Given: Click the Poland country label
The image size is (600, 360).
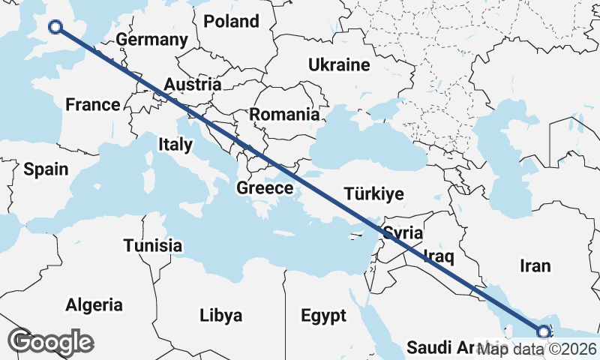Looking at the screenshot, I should pyautogui.click(x=231, y=21).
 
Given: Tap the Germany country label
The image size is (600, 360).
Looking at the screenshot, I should pyautogui.click(x=152, y=40).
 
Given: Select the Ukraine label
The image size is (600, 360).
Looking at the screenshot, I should pyautogui.click(x=339, y=65).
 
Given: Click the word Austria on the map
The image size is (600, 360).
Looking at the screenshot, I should pyautogui.click(x=193, y=84).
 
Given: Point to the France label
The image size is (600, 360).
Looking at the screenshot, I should pyautogui.click(x=92, y=104).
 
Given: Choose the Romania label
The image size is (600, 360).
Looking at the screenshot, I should pyautogui.click(x=284, y=115).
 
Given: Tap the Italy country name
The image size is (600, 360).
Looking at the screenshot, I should pyautogui.click(x=175, y=144).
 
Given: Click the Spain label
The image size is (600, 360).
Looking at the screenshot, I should pyautogui.click(x=46, y=169).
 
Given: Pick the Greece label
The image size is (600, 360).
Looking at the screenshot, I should pyautogui.click(x=264, y=187).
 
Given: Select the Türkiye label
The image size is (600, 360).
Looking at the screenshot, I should pyautogui.click(x=373, y=194).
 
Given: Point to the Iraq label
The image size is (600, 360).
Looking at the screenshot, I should pyautogui.click(x=439, y=256).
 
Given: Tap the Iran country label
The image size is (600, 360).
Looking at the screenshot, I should pyautogui.click(x=535, y=265).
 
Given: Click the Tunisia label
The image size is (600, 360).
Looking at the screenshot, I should pyautogui.click(x=153, y=245).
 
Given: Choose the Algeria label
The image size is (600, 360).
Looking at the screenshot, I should pyautogui.click(x=94, y=305).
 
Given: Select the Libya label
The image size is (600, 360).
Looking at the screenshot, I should pyautogui.click(x=221, y=315).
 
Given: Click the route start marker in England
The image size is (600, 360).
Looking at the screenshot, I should pyautogui.click(x=55, y=28).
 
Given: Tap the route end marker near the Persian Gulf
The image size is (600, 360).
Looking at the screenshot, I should pyautogui.click(x=543, y=331).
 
